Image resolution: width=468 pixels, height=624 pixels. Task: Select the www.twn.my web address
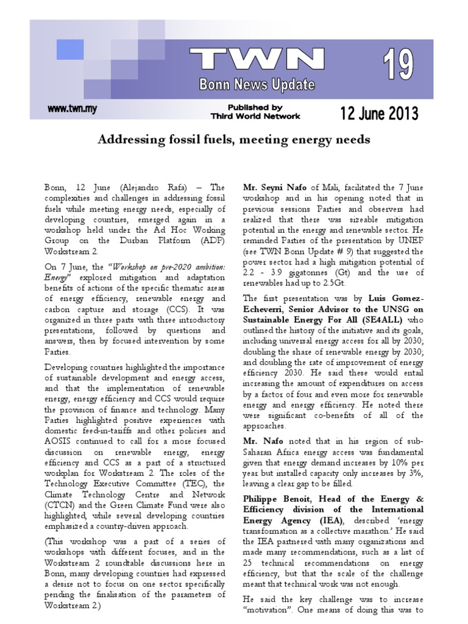pyautogui.click(x=72, y=109)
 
